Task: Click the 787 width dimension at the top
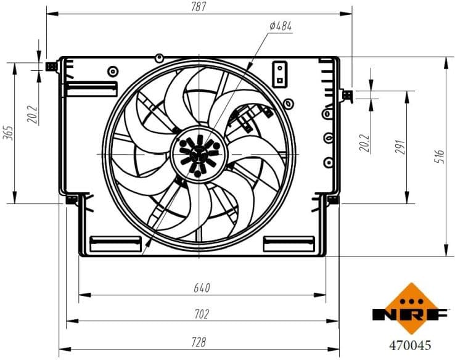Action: pyautogui.click(x=199, y=7)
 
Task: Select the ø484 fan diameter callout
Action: pyautogui.click(x=281, y=26)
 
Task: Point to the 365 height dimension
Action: pyautogui.click(x=8, y=133)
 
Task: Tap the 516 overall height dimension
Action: pyautogui.click(x=440, y=156)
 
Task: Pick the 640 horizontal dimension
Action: pyautogui.click(x=202, y=287)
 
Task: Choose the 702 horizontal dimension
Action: pyautogui.click(x=202, y=314)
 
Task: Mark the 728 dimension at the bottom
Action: pyautogui.click(x=199, y=342)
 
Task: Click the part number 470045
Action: pyautogui.click(x=409, y=346)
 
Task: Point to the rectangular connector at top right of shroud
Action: pyautogui.click(x=280, y=73)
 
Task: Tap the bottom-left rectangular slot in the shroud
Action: pyautogui.click(x=115, y=244)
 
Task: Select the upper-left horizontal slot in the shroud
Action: pyautogui.click(x=91, y=89)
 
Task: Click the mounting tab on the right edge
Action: pyautogui.click(x=347, y=94)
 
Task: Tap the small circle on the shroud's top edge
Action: pyautogui.click(x=159, y=58)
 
